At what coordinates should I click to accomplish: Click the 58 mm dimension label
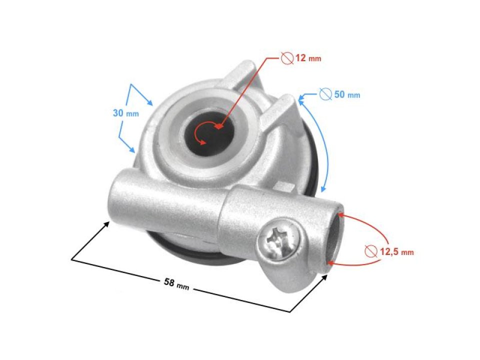[x=176, y=283]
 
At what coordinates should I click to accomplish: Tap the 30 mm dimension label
[x=125, y=113]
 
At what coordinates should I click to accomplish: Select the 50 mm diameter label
[x=346, y=94]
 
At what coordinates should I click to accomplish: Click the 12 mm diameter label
[x=308, y=58]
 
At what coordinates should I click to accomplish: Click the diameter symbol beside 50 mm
[x=325, y=94]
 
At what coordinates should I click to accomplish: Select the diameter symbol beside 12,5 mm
[x=370, y=250]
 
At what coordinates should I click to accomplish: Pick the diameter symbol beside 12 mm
[x=287, y=58]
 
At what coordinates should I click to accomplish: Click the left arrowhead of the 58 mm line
[x=107, y=224]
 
